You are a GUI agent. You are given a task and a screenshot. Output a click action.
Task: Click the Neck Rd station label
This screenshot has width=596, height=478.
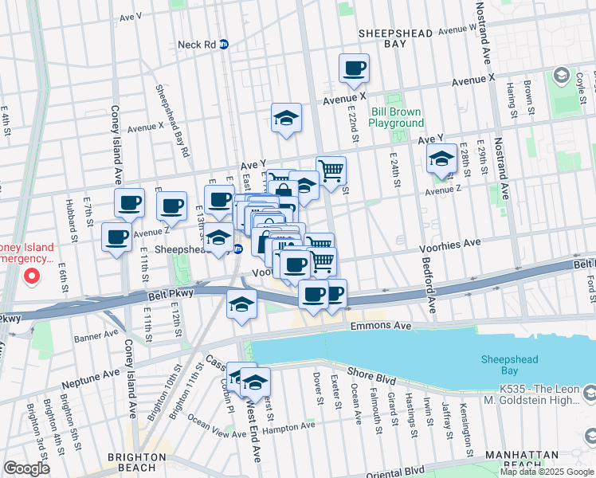198,45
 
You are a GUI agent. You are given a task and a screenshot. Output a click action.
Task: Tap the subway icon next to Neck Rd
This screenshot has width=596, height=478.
224,45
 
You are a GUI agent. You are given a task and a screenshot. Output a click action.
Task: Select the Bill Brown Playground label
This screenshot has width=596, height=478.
397,118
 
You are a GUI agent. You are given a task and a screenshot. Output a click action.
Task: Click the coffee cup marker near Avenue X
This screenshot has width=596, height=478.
354,69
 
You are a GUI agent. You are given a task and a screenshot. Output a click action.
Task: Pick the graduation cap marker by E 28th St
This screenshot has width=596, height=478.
441,159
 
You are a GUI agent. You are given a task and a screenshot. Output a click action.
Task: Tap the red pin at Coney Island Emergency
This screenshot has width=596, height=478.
32,276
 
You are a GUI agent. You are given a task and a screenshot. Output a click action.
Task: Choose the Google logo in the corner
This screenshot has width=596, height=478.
26,468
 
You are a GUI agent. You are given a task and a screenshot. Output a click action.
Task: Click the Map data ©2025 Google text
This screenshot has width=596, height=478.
546,472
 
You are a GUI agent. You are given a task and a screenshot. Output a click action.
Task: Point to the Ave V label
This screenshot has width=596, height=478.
129,15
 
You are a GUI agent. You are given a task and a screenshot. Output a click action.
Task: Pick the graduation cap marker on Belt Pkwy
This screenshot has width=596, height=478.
242,304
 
